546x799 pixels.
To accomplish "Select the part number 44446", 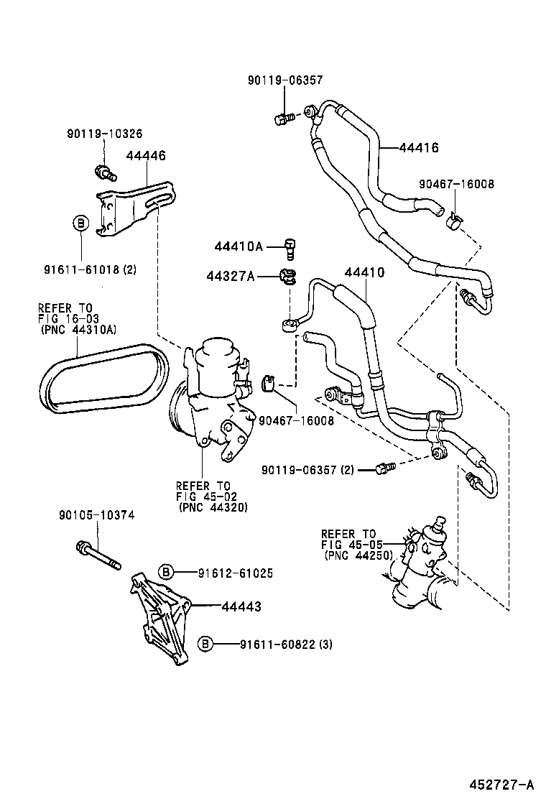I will click(x=146, y=155).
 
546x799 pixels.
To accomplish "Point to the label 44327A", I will click(x=231, y=277).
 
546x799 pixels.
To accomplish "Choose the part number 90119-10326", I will click(x=104, y=134).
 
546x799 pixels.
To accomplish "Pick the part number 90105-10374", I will click(x=97, y=514).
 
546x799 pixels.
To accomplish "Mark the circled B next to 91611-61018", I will click(x=80, y=223).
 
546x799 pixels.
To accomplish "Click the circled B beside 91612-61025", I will click(x=166, y=573).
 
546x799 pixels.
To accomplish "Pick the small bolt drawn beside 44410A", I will click(x=290, y=246).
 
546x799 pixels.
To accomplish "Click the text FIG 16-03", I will click(x=69, y=318).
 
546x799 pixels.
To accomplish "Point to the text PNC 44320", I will click(x=213, y=507).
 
